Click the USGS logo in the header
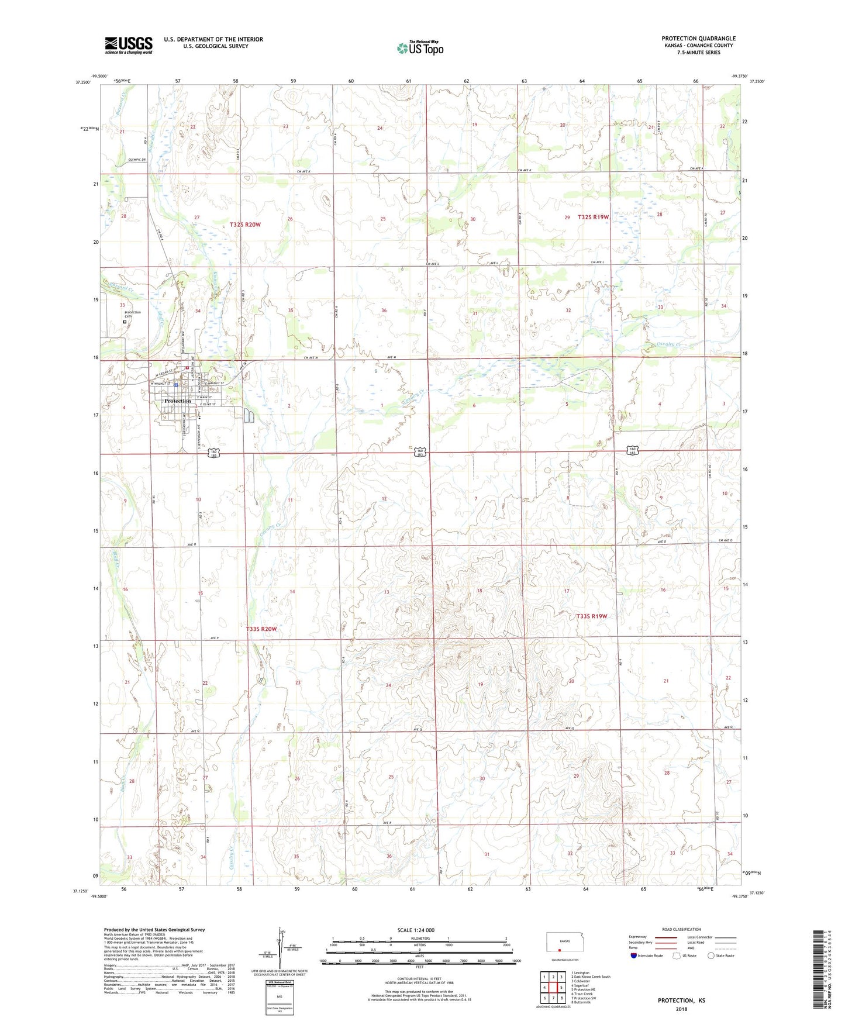[129, 44]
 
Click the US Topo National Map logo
[420, 47]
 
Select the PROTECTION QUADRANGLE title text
[698, 39]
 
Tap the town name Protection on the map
[177, 401]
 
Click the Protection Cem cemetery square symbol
[125, 321]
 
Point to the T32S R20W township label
[245, 225]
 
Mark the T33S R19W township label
[592, 616]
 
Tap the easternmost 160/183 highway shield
[633, 450]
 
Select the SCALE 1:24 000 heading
[416, 930]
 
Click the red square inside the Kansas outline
[560, 950]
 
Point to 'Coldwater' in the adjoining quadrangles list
[581, 981]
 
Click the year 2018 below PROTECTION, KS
[681, 1009]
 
